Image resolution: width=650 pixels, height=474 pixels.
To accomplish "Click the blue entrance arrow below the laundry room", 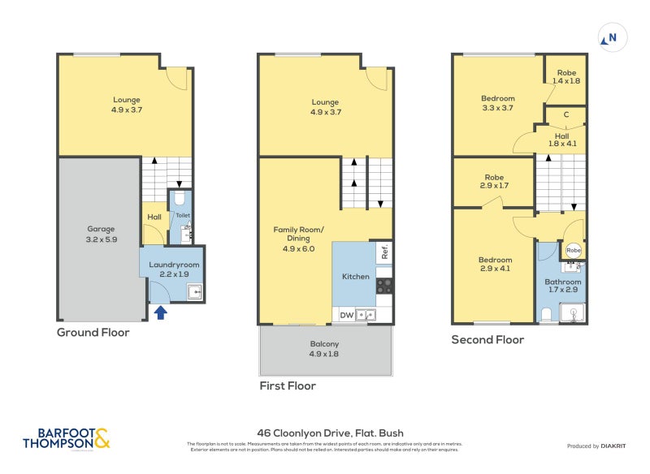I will pos(160,312).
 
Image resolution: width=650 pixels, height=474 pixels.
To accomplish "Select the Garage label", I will pos(102,235).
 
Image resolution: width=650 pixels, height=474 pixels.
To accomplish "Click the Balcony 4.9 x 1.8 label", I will pos(324,349).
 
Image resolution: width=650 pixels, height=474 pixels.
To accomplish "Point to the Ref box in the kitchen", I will pos(385,252).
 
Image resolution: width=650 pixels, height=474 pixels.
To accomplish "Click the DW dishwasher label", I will pos(346,315).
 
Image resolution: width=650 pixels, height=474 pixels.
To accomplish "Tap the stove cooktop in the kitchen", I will pos(385,286).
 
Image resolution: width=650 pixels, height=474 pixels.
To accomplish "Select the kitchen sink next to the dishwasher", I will pos(366,315).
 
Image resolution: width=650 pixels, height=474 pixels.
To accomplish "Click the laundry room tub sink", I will pos(195,293).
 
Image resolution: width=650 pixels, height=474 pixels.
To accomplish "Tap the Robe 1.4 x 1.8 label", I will pos(566,77).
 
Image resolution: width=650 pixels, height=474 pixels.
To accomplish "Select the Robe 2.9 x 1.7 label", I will pos(494,182).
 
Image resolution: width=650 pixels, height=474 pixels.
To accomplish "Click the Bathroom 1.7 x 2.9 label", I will pos(562,287).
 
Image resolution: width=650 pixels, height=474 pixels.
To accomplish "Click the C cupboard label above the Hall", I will pos(565,116).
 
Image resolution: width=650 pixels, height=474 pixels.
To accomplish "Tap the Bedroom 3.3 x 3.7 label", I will pos(498,103).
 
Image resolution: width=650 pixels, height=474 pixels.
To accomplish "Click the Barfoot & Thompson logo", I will pos(67,439).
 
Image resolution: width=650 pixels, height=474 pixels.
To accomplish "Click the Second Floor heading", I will pos(487,340).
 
